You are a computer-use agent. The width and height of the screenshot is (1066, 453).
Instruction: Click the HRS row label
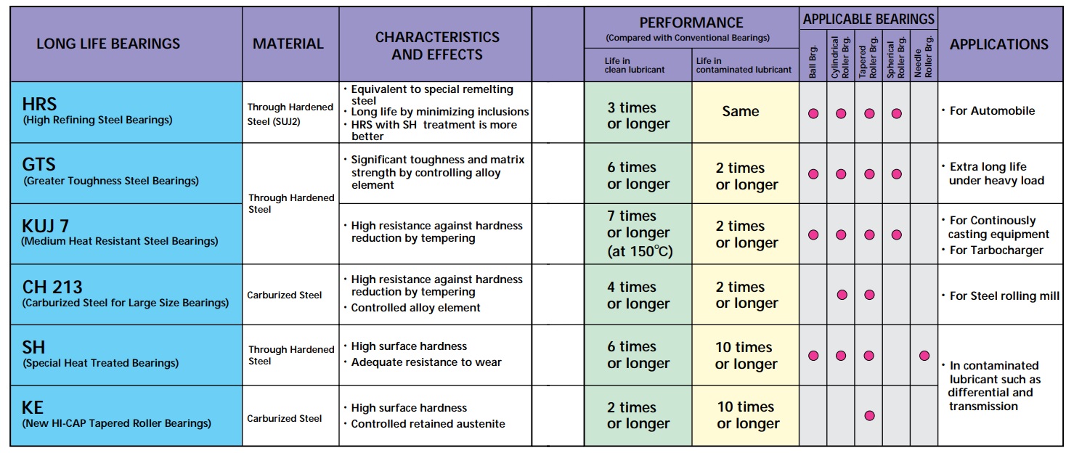coord(39,104)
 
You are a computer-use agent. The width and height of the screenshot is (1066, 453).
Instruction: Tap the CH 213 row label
coord(52,287)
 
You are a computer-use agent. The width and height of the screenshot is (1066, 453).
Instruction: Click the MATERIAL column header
coord(288,44)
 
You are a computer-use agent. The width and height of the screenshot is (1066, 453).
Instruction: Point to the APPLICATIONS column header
coord(998,44)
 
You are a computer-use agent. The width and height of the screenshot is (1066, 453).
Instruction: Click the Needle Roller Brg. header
coord(924,57)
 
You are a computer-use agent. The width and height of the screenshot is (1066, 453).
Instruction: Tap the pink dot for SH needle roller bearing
coord(924,356)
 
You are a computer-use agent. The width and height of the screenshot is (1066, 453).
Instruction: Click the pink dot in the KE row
coord(869,416)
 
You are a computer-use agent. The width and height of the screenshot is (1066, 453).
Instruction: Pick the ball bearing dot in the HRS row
coord(813,113)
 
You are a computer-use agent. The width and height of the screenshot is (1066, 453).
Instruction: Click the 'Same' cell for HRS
coord(741,112)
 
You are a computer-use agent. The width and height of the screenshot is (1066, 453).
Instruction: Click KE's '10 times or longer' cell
coord(746,415)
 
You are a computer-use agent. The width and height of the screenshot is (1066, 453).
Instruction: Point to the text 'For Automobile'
coord(992,111)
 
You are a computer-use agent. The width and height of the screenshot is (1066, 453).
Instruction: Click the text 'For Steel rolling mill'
coord(1004,295)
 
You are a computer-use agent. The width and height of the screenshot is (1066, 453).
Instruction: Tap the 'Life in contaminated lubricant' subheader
coord(744,65)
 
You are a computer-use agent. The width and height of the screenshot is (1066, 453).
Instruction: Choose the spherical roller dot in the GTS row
coord(897,174)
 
